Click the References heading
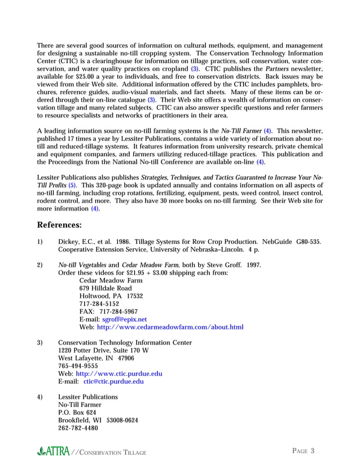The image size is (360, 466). tap(59, 225)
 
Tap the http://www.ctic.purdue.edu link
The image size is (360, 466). tap(119, 373)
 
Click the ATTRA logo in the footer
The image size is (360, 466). tap(54, 451)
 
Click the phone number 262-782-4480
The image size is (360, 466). tap(78, 428)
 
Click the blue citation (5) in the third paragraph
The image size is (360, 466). tap(72, 185)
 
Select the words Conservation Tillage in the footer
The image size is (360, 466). tap(112, 452)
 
